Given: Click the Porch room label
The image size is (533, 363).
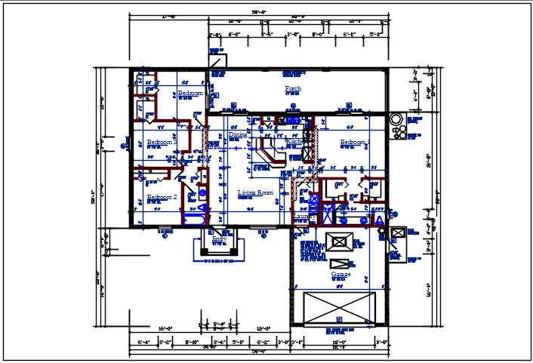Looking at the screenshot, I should click(293, 89).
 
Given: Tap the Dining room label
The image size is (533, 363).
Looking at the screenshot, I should click(237, 135).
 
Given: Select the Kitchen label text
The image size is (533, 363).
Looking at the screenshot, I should click(294, 141).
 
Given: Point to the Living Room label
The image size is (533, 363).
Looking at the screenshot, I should click(254, 193).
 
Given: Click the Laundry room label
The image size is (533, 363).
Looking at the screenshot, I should click(303, 216).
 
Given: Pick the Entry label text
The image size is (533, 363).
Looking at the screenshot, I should click(218, 238).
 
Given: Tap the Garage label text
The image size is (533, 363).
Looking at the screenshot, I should click(340, 274).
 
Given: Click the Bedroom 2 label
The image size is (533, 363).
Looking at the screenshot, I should click(162, 198).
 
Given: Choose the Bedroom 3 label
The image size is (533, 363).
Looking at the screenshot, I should click(162, 142).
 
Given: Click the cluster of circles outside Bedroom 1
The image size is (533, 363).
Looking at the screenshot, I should click(397, 128).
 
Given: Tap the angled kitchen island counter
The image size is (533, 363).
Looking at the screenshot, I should click(270, 152).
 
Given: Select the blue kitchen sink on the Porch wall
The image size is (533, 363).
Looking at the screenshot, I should click(292, 119).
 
